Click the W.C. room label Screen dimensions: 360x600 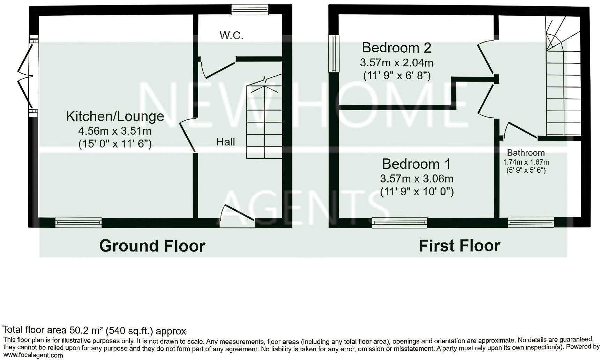[x=231, y=35]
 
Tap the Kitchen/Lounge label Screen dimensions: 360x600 [x=115, y=116]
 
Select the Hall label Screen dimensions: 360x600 [x=225, y=142]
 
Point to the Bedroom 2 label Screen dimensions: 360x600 [x=396, y=47]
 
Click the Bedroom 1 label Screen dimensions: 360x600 [x=416, y=164]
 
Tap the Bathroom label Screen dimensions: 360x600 [x=525, y=153]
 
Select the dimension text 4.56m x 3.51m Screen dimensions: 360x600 [x=115, y=131]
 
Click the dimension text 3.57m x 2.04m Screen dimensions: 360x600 [x=396, y=63]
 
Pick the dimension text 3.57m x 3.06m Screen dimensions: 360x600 [x=416, y=179]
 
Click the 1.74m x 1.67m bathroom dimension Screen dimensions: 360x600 [x=525, y=162]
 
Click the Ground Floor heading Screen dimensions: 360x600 [x=152, y=246]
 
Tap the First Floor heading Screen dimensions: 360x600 [x=459, y=246]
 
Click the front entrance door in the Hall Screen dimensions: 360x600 [x=237, y=216]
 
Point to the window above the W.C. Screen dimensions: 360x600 [x=250, y=9]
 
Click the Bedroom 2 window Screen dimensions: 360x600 [x=334, y=54]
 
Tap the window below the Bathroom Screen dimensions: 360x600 [x=531, y=222]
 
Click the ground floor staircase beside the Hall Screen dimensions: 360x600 [x=264, y=120]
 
